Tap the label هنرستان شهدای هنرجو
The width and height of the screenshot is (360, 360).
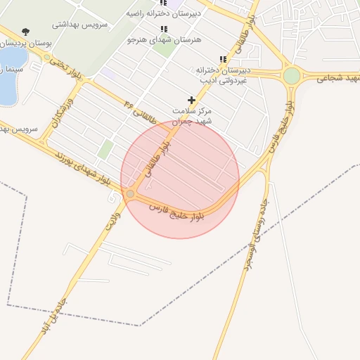coord(164,40)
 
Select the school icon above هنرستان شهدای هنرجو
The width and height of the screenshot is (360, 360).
coord(164,29)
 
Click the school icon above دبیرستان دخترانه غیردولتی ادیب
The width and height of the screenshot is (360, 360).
coord(223,59)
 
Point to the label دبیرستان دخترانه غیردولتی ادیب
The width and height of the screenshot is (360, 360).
coord(223,75)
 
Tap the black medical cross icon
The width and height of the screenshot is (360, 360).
coord(191,100)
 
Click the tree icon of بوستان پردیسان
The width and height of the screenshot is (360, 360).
coord(26,31)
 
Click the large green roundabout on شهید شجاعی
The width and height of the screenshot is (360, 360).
coord(292,76)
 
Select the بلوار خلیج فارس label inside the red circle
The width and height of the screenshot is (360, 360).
coord(178,212)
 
